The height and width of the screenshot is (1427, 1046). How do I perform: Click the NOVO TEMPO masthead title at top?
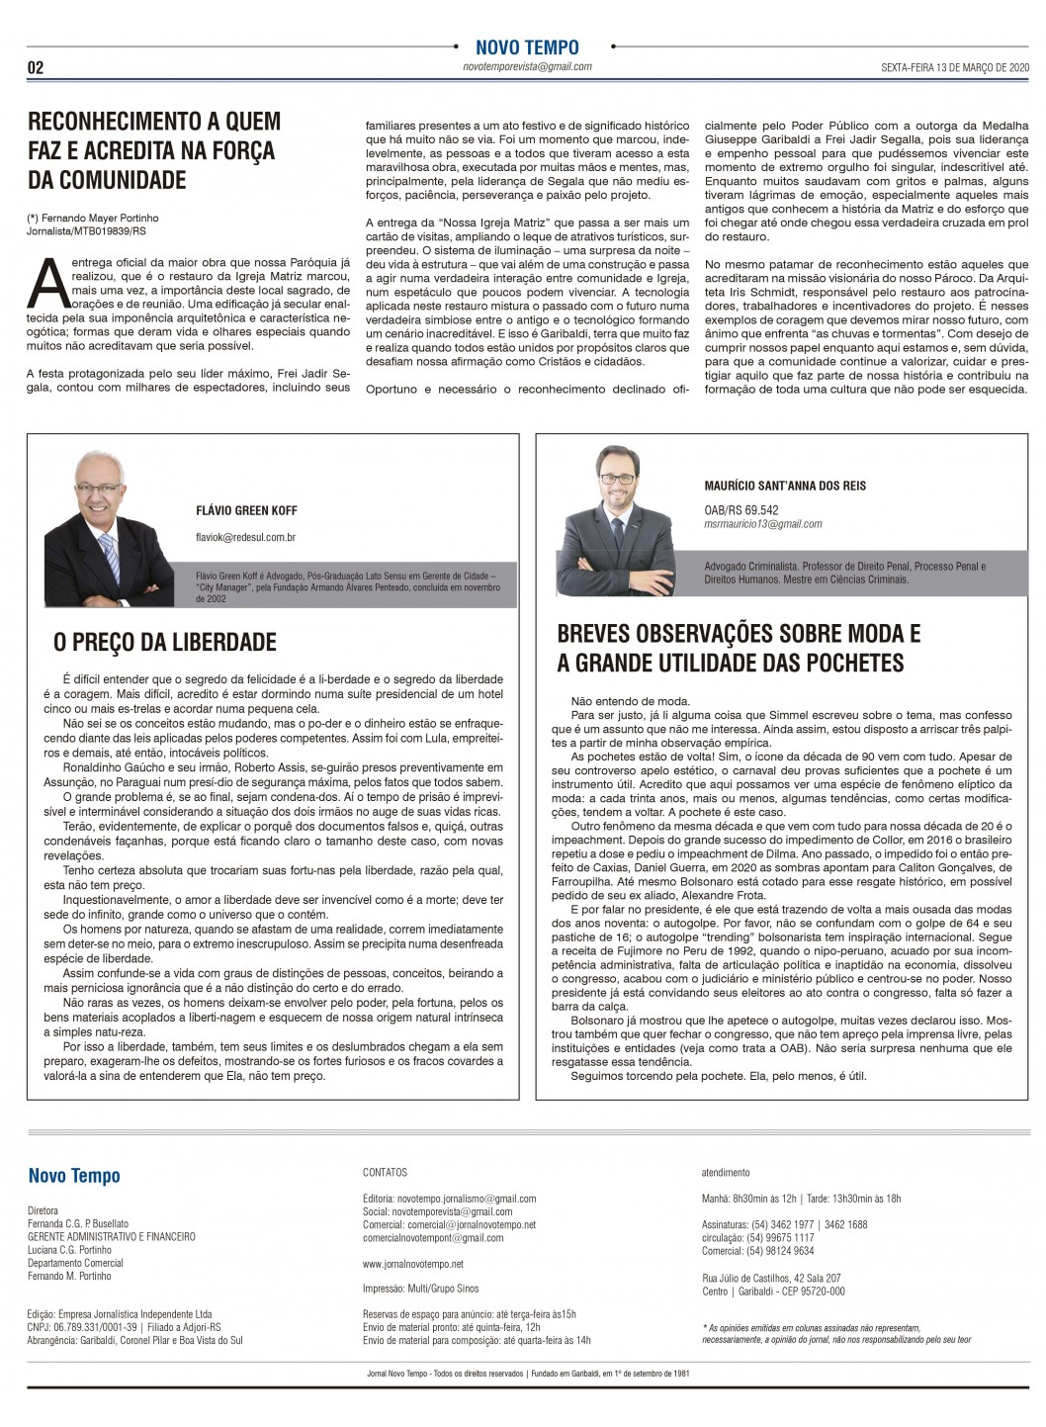click(527, 46)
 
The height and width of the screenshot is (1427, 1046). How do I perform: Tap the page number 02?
click(36, 68)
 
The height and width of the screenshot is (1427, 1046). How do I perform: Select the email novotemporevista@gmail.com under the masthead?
click(527, 66)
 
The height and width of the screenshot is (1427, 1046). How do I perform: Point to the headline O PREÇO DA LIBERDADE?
click(165, 643)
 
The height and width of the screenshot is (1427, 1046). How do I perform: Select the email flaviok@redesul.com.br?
click(246, 537)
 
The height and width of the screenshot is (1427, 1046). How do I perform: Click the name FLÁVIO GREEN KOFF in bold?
click(246, 511)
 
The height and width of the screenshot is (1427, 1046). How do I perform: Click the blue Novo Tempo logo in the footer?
click(74, 1176)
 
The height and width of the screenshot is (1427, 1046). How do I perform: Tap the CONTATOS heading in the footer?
click(385, 1173)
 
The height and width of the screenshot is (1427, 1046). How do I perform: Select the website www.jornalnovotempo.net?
click(413, 1264)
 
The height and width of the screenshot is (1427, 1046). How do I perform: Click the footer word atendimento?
click(726, 1173)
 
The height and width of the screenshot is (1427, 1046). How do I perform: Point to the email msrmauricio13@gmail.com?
click(762, 524)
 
